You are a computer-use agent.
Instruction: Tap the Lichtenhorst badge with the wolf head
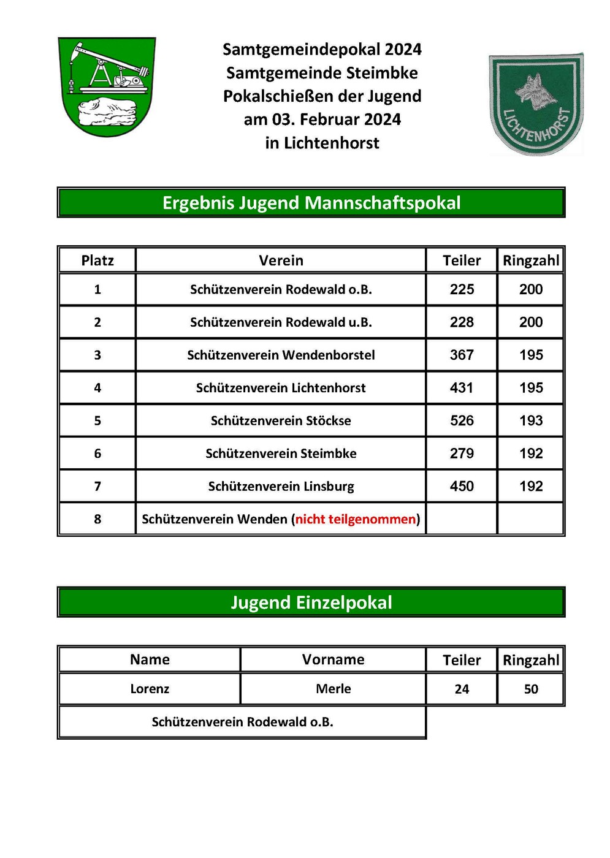tap(536, 104)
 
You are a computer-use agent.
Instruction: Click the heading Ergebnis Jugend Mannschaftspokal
tap(311, 203)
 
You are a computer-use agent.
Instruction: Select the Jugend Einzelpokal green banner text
tap(311, 602)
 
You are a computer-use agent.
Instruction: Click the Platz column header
tap(97, 260)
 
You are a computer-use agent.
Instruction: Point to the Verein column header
tap(281, 260)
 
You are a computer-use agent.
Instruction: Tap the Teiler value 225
tap(462, 289)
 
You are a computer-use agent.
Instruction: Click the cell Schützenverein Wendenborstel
tap(281, 355)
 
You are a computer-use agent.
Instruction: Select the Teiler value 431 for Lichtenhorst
tap(462, 388)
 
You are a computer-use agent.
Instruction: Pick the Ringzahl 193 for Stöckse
tap(531, 420)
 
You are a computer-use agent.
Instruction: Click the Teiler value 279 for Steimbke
tap(462, 454)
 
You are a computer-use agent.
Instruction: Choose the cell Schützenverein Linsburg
tap(281, 487)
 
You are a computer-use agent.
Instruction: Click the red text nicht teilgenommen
tap(356, 519)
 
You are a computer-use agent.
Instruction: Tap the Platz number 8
tap(97, 519)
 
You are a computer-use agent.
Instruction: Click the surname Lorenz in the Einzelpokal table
tap(150, 689)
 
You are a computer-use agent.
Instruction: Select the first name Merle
tap(333, 689)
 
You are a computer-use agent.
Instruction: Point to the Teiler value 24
tap(462, 689)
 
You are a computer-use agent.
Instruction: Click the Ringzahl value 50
tap(531, 689)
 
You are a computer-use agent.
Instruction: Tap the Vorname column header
tap(333, 659)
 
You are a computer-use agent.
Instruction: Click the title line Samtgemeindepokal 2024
tap(322, 49)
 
